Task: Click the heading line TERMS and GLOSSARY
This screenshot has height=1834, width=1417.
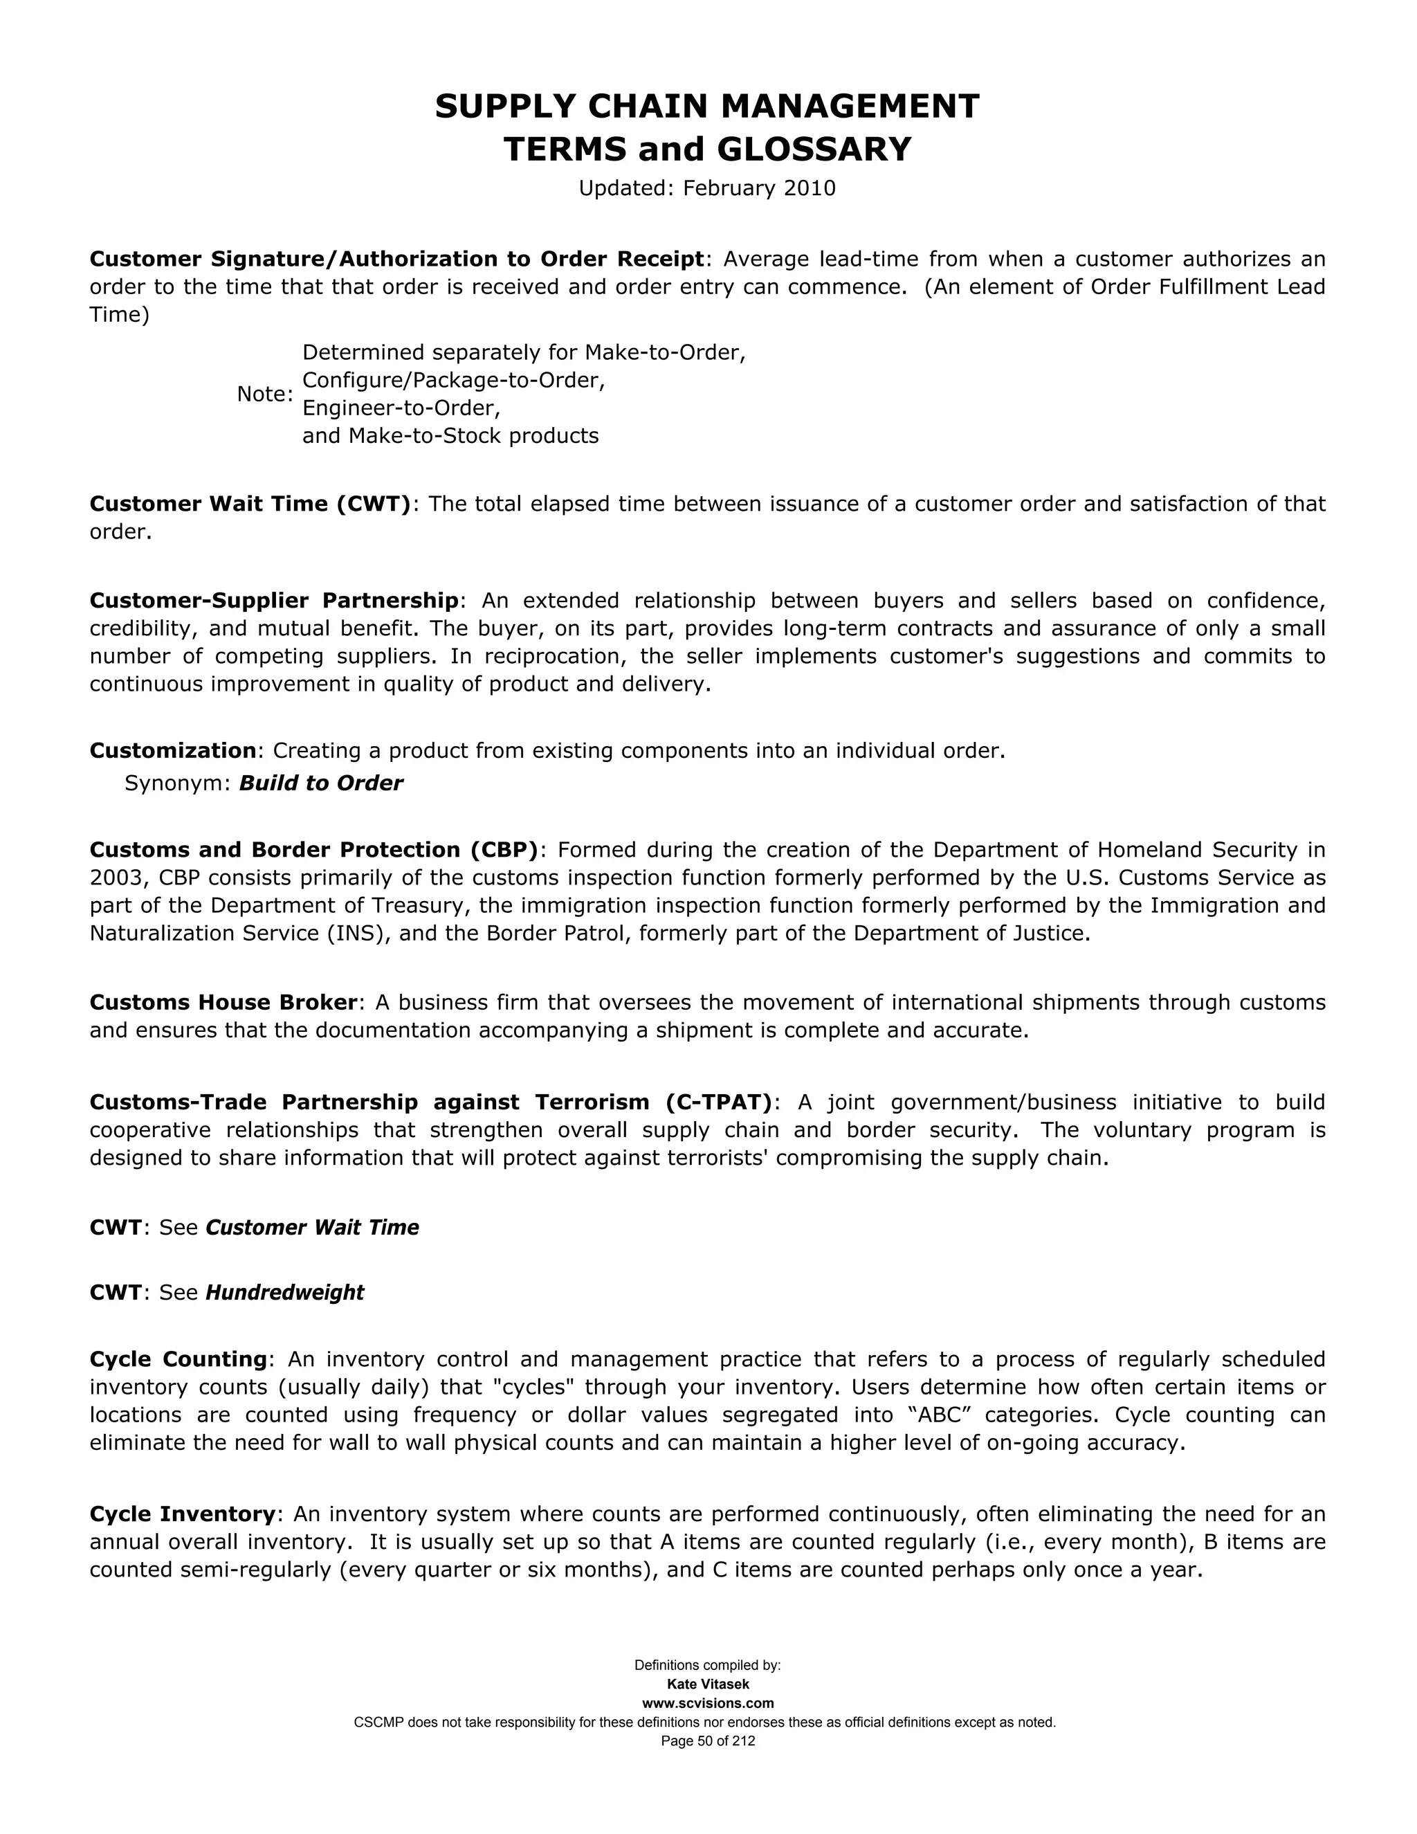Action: [x=707, y=149]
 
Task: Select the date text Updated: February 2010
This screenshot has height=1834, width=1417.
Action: [x=707, y=188]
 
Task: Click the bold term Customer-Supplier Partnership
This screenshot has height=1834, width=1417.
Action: [x=275, y=601]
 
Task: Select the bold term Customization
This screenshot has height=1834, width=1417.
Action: [x=172, y=750]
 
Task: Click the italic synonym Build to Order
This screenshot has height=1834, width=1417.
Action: [x=320, y=783]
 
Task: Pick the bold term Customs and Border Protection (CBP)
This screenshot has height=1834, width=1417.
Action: [x=313, y=850]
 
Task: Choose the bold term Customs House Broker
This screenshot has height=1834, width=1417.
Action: [x=223, y=1003]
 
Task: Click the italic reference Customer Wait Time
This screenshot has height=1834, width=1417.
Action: [x=312, y=1228]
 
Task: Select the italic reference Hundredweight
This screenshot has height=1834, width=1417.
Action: [x=284, y=1292]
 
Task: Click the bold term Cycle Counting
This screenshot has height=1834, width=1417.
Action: [x=178, y=1359]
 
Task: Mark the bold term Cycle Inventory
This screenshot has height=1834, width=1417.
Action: [x=182, y=1514]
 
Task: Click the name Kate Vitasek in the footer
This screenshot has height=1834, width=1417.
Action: [x=708, y=1685]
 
